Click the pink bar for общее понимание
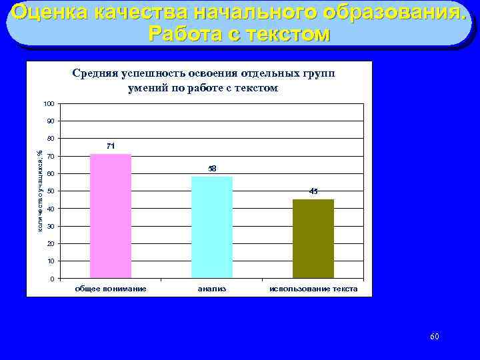[111, 216]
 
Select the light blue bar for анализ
[212, 227]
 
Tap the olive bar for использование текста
[313, 239]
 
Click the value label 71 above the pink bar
[111, 145]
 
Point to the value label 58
[212, 169]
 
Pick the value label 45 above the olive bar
[313, 191]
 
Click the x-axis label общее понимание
[111, 289]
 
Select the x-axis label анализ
[212, 289]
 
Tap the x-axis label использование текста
[313, 289]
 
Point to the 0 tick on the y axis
[53, 279]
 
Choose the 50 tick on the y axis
[51, 191]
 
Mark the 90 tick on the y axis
[51, 121]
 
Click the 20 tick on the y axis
[51, 244]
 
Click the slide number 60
[434, 337]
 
